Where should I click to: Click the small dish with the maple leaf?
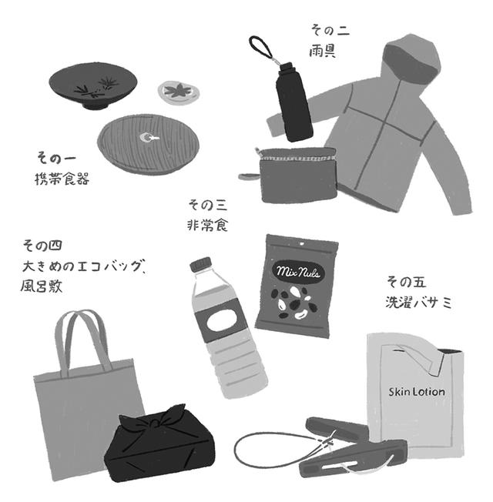click(179, 92)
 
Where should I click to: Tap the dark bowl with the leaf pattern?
click(93, 85)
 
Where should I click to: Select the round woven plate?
click(148, 143)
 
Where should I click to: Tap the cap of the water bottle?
click(201, 264)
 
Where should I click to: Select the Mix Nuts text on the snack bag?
click(298, 273)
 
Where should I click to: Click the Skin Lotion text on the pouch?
click(417, 392)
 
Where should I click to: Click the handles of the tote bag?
click(83, 340)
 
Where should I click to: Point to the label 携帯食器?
click(62, 179)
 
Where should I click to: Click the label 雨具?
click(322, 51)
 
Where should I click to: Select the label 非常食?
click(207, 225)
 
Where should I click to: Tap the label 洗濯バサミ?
click(418, 303)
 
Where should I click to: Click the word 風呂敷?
click(42, 286)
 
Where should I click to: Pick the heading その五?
click(406, 283)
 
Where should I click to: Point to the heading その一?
click(56, 159)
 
